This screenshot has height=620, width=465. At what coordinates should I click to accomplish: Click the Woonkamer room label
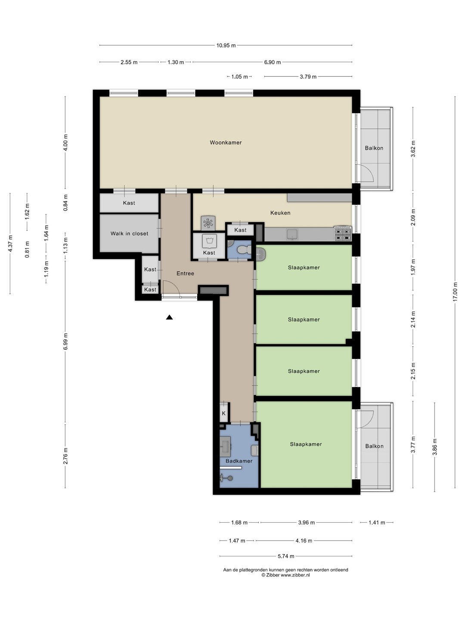pos(226,143)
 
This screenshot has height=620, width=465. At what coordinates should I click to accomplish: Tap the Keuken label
pos(280,213)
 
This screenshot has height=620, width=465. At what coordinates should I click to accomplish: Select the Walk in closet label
pos(129,234)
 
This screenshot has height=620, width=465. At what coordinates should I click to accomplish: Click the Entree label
pos(185,273)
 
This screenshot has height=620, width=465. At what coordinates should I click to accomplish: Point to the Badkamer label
pos(239,461)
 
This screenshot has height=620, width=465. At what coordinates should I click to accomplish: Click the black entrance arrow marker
pos(169,317)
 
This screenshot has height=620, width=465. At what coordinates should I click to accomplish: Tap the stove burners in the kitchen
pos(343,235)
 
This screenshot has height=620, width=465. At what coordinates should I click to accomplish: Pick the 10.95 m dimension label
pos(226,46)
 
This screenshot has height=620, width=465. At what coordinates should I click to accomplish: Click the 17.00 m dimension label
pos(455,292)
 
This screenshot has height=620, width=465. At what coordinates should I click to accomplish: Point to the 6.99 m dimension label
pos(65,341)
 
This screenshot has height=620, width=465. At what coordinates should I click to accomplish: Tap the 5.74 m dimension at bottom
pos(286,556)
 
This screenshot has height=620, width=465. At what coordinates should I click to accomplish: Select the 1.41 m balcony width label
pos(377,523)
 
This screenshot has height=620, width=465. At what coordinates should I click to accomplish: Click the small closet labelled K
pos(224,413)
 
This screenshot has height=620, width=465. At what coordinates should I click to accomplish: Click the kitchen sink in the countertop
pos(292,235)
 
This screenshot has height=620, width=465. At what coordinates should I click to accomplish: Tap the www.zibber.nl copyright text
pos(285,575)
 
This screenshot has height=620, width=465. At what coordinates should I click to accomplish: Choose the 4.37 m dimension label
pos(10,244)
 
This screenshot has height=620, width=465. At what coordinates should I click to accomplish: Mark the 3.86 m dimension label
pos(434,447)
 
